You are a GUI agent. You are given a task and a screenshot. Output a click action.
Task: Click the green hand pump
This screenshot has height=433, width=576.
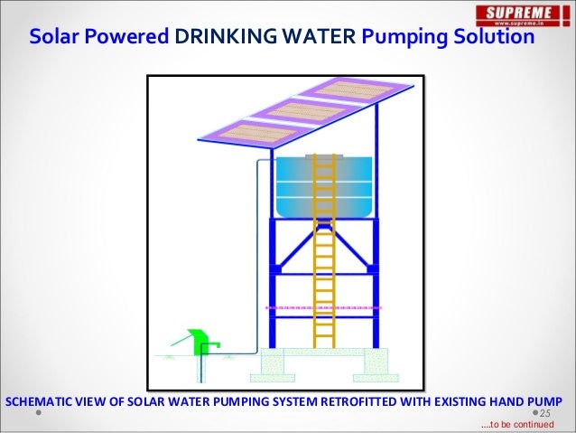(x=203, y=342)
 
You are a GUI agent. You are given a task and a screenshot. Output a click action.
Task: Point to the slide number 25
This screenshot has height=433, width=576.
(x=545, y=412)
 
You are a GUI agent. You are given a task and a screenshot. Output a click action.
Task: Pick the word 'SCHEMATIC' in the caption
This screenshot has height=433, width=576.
(x=40, y=400)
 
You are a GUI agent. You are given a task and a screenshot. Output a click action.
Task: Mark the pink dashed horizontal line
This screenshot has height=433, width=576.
(x=323, y=307)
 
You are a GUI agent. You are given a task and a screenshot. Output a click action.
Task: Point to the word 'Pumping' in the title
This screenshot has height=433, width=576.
(x=405, y=38)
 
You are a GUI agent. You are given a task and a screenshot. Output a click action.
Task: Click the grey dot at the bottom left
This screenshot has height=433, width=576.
(x=40, y=413)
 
